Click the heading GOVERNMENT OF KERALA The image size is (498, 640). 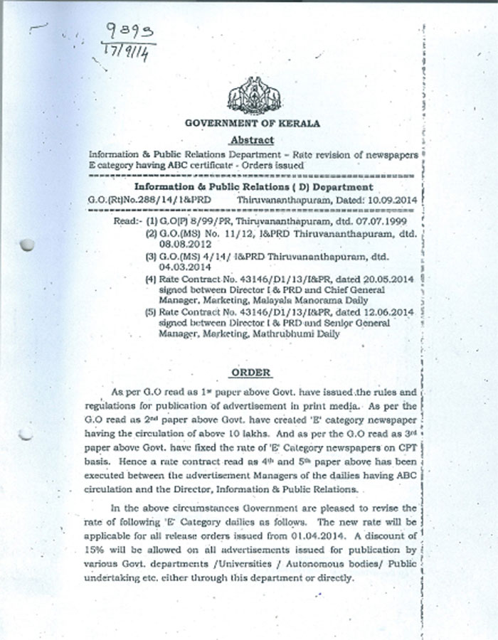253,124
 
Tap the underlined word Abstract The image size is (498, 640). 252,140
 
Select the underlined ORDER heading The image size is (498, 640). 253,373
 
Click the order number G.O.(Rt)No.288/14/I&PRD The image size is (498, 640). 149,201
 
